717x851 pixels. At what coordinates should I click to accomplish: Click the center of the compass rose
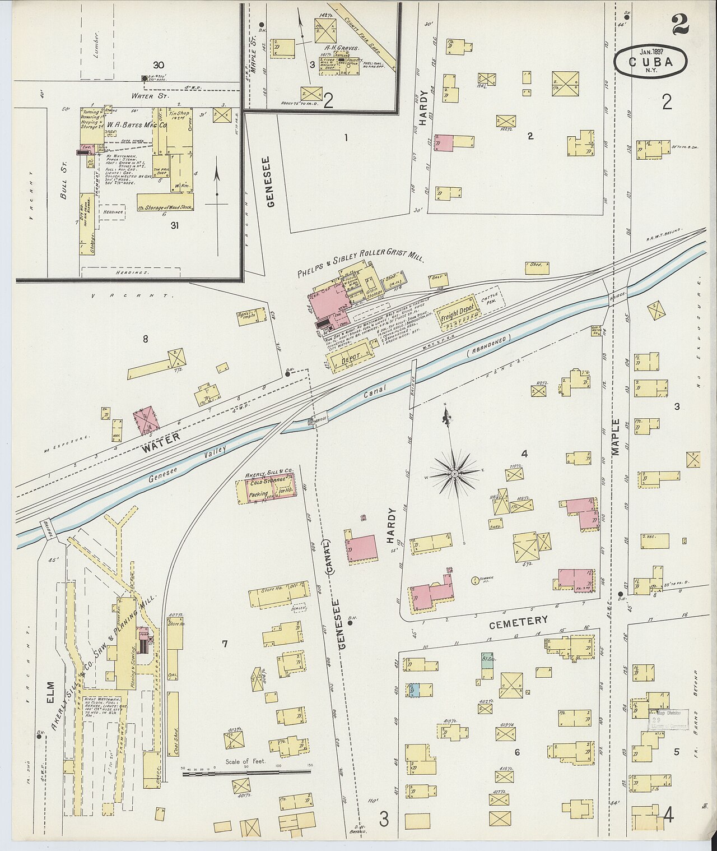coord(455,474)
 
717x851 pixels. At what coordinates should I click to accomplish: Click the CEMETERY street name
coord(518,621)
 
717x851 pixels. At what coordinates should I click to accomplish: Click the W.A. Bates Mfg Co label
coord(137,125)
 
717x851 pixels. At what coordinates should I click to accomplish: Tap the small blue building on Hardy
coord(414,690)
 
